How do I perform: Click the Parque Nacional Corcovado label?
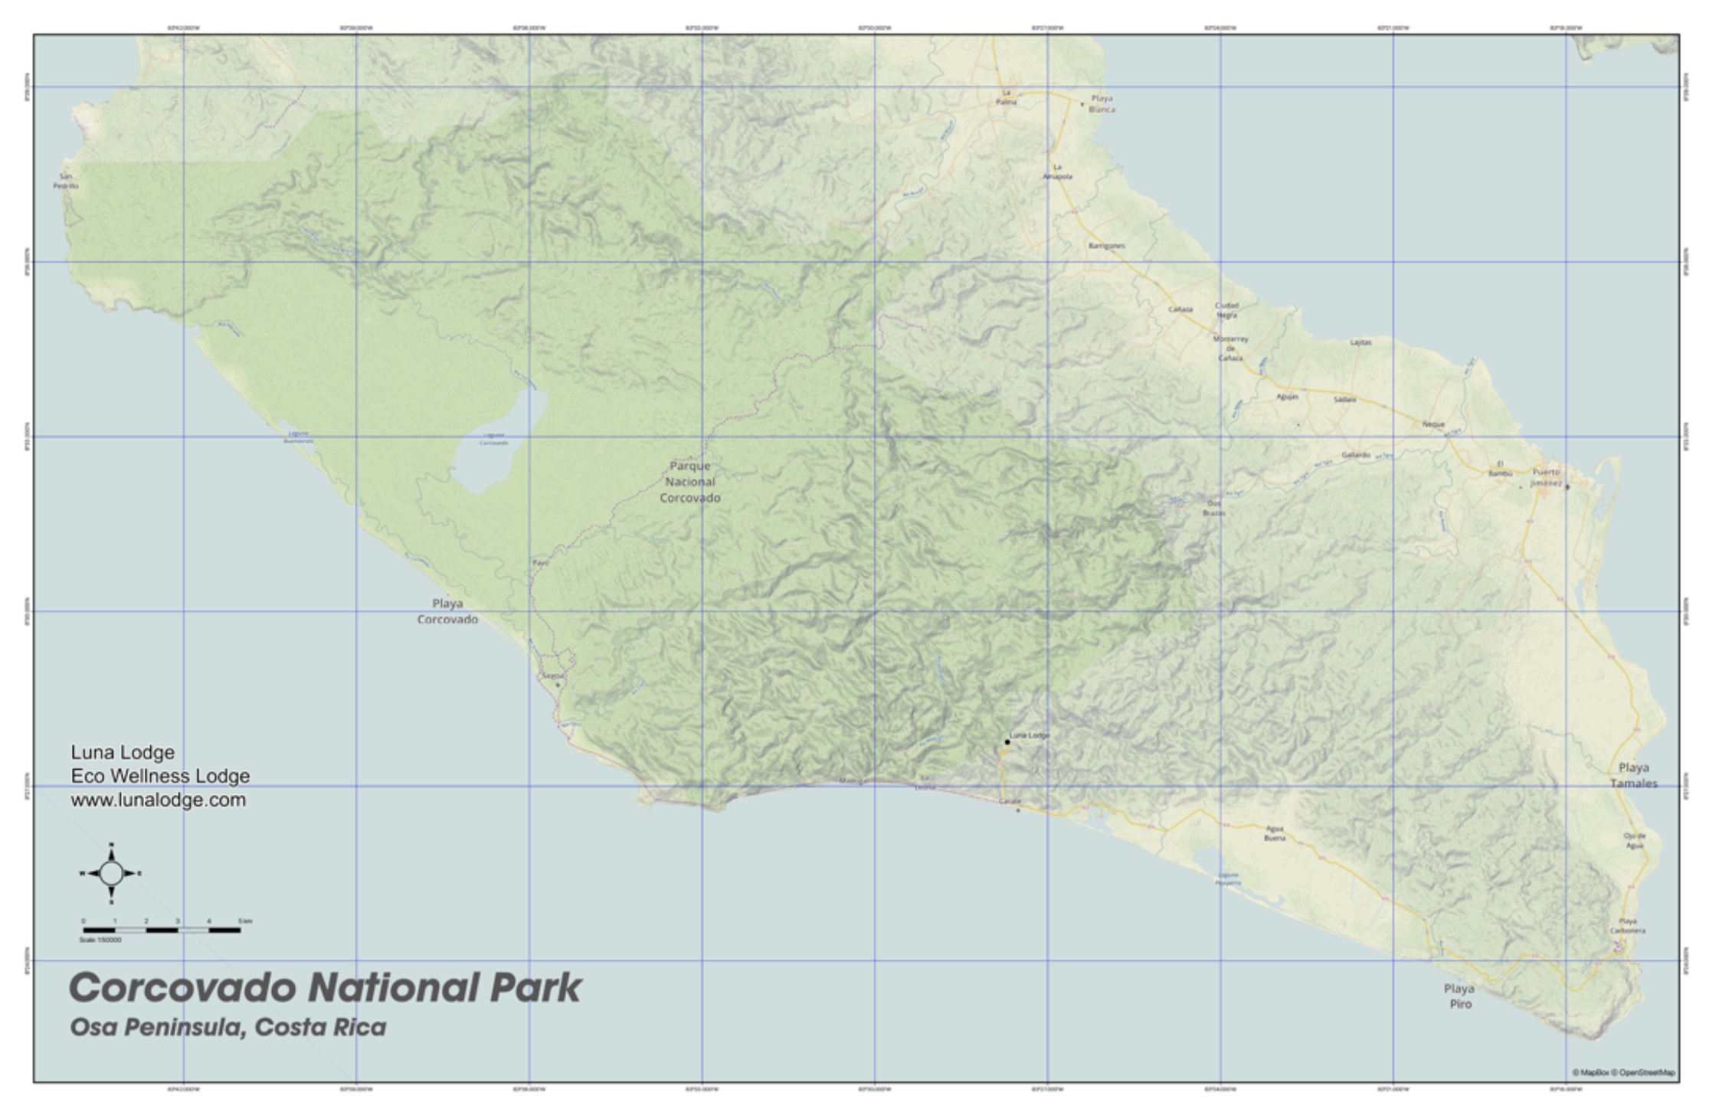(690, 482)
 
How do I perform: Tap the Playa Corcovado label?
(447, 611)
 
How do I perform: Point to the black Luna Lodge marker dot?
(1007, 741)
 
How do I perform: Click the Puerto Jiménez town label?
(1546, 478)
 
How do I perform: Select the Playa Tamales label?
(1633, 775)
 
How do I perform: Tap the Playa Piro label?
(1459, 996)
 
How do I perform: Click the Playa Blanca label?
(1102, 104)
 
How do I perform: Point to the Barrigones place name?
(1106, 246)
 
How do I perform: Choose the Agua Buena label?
(1274, 833)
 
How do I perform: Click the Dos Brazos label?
(1214, 508)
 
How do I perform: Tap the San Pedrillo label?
(66, 182)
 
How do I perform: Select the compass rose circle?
(111, 873)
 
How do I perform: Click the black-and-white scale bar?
(162, 930)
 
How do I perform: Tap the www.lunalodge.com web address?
(159, 800)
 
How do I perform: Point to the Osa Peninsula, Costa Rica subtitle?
(228, 1027)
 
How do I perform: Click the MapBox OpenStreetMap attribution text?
(1623, 1073)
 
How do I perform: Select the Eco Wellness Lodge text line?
(160, 776)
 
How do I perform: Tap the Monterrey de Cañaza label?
(1231, 348)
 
